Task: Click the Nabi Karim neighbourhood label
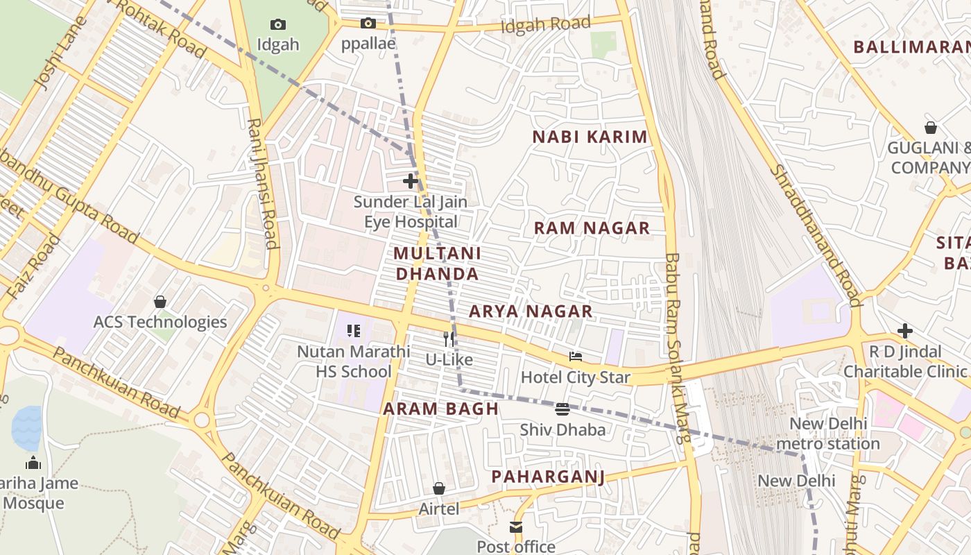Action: (x=590, y=137)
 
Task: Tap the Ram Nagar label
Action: (x=592, y=228)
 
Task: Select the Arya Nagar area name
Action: (x=531, y=311)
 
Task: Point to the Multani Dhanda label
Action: (x=437, y=263)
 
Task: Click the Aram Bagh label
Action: (x=441, y=409)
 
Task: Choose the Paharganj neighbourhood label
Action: (x=548, y=476)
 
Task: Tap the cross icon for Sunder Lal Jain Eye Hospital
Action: (x=411, y=181)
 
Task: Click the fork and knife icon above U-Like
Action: (x=449, y=339)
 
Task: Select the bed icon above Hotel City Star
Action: (x=575, y=357)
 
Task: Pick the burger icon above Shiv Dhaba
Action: (x=562, y=409)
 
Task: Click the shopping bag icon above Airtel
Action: (x=438, y=488)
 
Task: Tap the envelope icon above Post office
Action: (x=516, y=527)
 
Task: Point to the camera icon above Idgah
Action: (x=278, y=24)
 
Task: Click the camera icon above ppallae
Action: (x=368, y=23)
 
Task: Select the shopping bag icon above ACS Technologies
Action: (x=160, y=302)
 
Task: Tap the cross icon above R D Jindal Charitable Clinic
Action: (x=904, y=331)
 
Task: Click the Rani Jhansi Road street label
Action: (x=263, y=183)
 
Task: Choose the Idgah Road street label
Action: (x=546, y=25)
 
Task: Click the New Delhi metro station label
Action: (x=828, y=434)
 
